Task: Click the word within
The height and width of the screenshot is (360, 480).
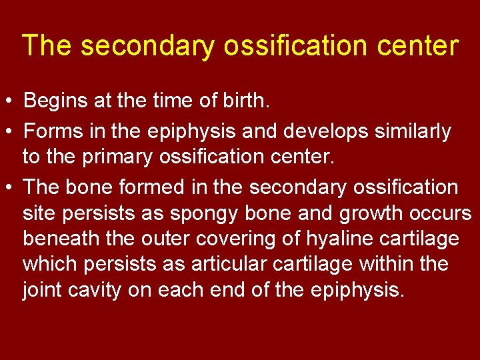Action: pyautogui.click(x=387, y=264)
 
